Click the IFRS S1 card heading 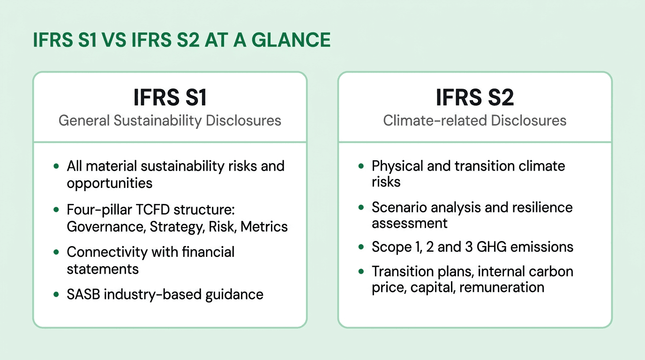[x=170, y=98]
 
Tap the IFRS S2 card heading [x=474, y=98]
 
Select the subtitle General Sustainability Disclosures [x=170, y=120]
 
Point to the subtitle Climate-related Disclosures [x=474, y=120]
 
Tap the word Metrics [x=269, y=227]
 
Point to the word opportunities [x=110, y=183]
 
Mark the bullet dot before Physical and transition [x=361, y=166]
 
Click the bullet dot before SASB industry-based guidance [x=56, y=294]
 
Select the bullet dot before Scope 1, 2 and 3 [x=361, y=247]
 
